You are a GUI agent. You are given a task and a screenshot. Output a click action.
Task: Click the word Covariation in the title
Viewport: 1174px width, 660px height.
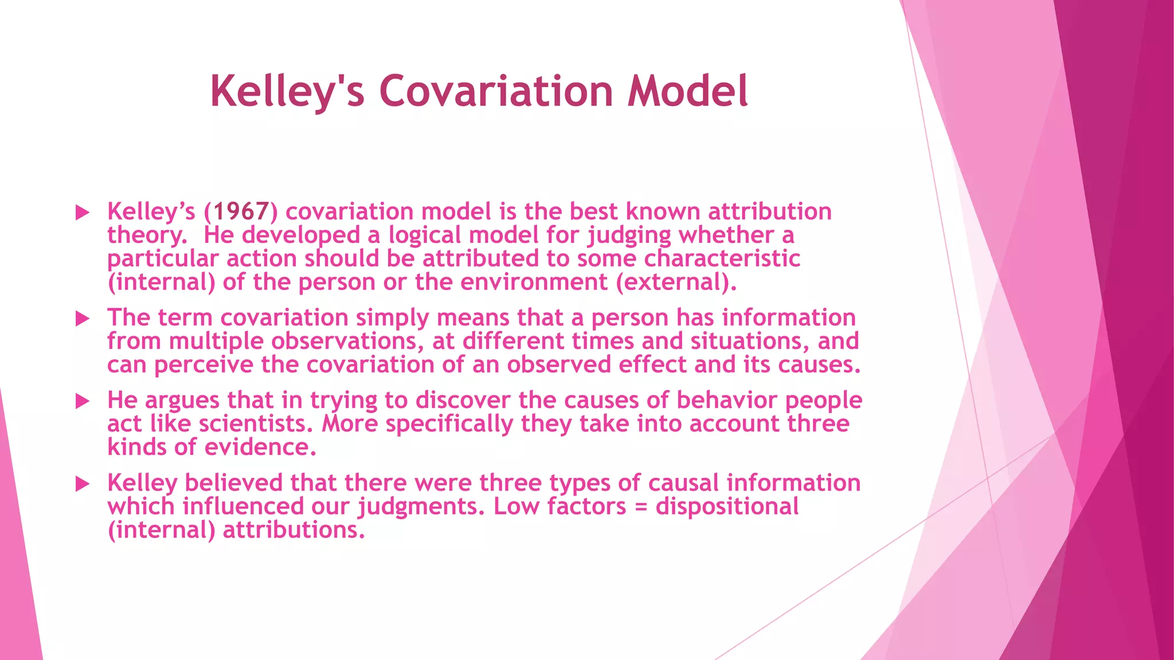click(x=496, y=92)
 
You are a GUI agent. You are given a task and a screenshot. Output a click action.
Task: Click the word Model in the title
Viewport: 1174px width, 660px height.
click(x=687, y=92)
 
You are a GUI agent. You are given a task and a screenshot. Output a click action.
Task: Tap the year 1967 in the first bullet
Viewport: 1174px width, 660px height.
click(x=241, y=211)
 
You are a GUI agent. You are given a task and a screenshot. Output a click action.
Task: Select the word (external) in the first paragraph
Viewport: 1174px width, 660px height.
click(x=676, y=282)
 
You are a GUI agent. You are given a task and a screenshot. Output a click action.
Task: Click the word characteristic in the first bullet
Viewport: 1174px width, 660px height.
click(x=722, y=258)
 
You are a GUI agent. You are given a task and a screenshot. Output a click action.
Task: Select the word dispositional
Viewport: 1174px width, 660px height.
click(x=727, y=506)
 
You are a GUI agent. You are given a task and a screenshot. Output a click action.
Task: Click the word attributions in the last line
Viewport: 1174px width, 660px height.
click(x=293, y=530)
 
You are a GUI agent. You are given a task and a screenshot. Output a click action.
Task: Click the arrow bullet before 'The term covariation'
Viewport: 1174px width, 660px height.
click(x=83, y=319)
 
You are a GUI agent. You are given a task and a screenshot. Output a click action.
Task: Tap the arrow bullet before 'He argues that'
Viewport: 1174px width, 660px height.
click(x=83, y=402)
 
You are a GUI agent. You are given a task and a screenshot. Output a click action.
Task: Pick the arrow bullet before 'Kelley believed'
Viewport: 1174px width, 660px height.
click(x=83, y=484)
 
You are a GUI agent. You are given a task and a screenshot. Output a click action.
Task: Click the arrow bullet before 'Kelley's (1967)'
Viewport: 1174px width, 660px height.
click(x=83, y=213)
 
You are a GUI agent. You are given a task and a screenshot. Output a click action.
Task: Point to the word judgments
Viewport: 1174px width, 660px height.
click(x=421, y=506)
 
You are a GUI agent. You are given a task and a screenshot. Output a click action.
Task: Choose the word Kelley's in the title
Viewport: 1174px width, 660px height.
click(x=287, y=92)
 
